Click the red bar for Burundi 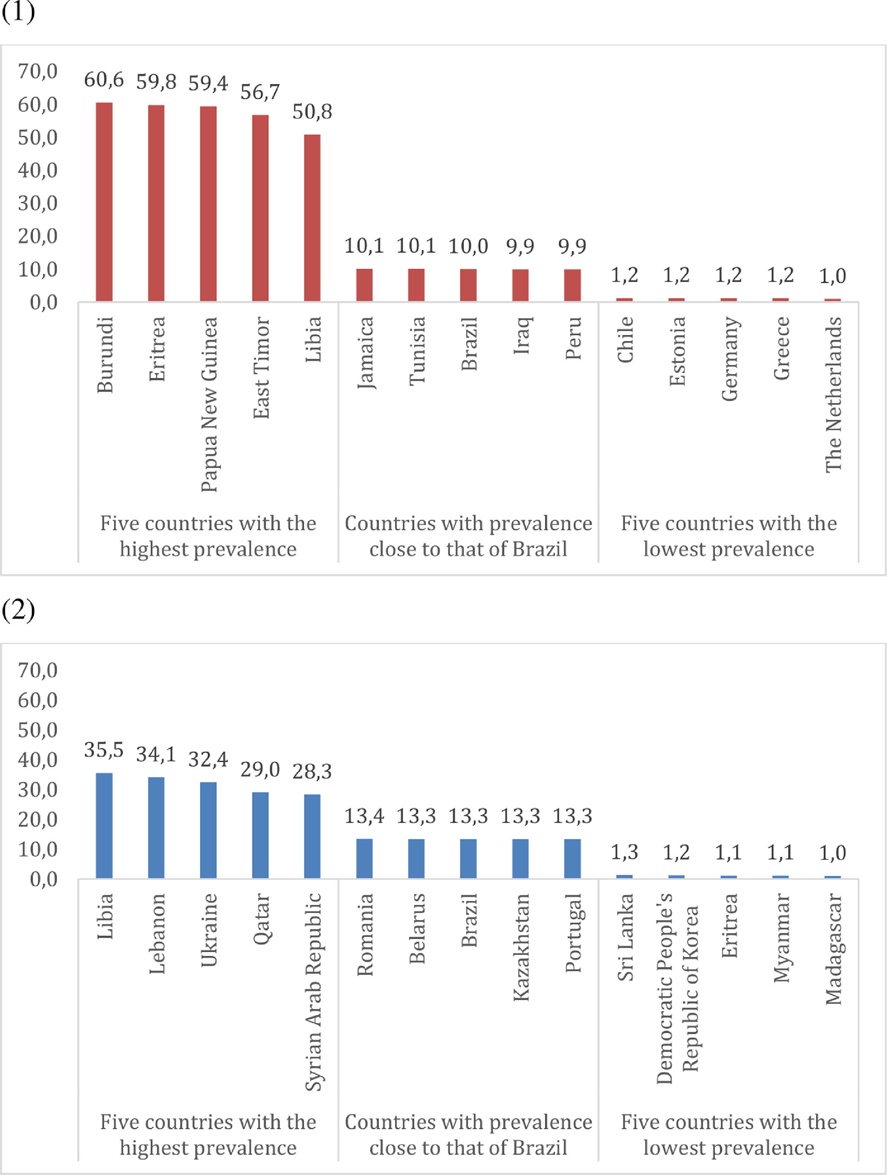104,202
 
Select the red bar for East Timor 260,208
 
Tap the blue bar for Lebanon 156,827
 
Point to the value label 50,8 312,111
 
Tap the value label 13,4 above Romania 364,816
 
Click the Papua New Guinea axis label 209,404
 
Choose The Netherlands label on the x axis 833,394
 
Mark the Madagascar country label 833,949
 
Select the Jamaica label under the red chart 365,353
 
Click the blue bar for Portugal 573,858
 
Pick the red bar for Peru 573,285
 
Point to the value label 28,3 312,771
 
